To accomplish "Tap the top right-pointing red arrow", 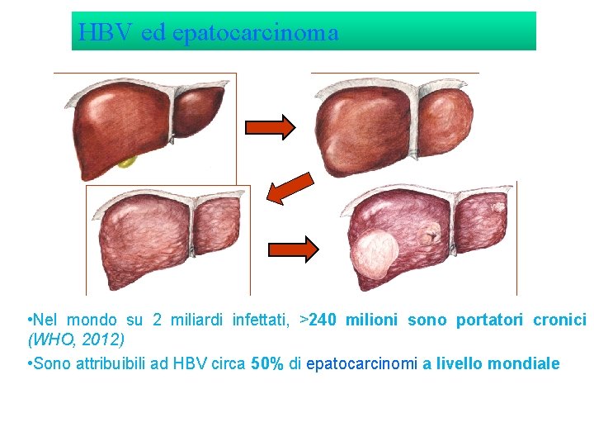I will tap(271, 126).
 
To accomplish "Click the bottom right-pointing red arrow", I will tap(294, 249).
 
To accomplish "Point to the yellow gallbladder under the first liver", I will tap(126, 161).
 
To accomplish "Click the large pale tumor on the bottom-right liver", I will tap(375, 254).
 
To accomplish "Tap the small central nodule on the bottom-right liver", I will tap(430, 235).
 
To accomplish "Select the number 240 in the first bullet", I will tap(325, 320).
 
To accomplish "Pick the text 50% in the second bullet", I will tap(266, 363).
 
